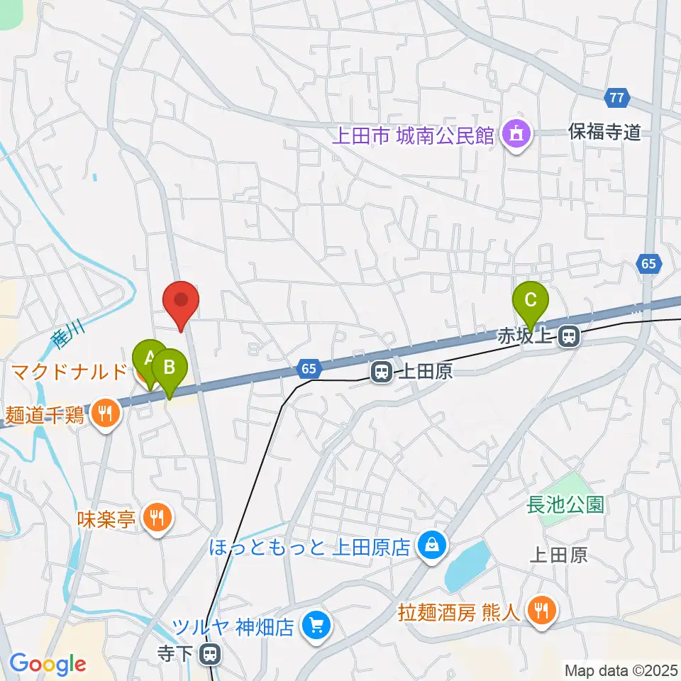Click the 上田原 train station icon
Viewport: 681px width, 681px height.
[382, 371]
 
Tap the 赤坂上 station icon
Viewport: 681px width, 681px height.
[567, 337]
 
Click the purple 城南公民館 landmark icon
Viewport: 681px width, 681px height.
[516, 134]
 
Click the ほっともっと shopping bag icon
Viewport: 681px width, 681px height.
[430, 546]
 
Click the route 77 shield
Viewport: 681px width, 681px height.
[616, 97]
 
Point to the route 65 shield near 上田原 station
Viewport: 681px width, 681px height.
[307, 368]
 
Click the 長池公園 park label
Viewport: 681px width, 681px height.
[565, 504]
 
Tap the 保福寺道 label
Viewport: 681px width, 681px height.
[605, 131]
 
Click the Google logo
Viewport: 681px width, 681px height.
[48, 664]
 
